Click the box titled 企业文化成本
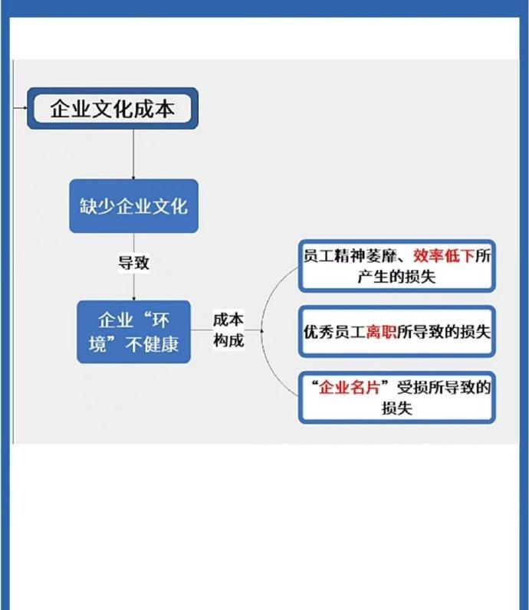coord(113,109)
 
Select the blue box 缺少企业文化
coord(133,206)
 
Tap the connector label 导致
coord(133,263)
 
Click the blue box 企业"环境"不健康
coord(133,332)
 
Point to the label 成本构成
coord(228,330)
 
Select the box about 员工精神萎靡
coord(396,266)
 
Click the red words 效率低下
coord(444,256)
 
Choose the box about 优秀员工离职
coord(396,332)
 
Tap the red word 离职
coord(381,332)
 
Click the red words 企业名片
coord(349,388)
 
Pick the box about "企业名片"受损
coord(396,398)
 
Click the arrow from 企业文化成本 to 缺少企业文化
coord(133,155)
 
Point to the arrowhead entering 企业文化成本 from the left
coord(25,108)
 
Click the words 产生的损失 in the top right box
coord(396,277)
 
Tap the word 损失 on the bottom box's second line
coord(396,408)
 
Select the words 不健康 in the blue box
coord(153,344)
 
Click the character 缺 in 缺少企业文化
coord(88,206)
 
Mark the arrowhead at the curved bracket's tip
coord(262,331)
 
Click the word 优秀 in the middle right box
coord(319,332)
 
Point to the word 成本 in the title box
coord(154,109)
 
